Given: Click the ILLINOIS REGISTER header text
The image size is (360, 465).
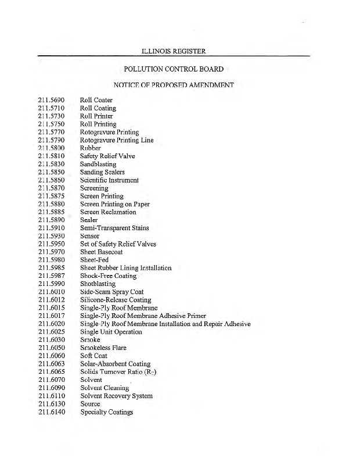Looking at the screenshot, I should pos(174,51).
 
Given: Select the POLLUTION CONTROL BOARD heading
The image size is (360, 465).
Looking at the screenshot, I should pos(174,69).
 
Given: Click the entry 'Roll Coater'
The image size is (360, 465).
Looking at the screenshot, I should pos(96,100).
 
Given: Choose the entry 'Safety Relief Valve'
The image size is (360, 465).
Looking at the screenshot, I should pos(109,156).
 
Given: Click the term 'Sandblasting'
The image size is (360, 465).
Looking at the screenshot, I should pos(98,164).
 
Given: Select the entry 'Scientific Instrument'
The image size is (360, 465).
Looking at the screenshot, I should pos(109,180).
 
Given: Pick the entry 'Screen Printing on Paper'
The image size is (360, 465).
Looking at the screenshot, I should pos(115,204).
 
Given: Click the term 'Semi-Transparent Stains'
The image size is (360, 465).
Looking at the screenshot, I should pos(115,228).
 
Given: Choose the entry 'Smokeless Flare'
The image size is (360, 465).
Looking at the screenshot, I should pos(103,348).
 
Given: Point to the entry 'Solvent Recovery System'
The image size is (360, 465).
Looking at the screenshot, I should pos(116,396).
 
